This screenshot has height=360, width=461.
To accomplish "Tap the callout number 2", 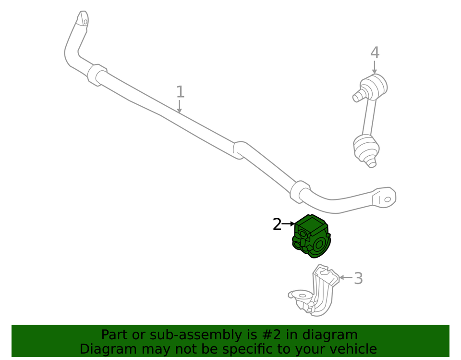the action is [x=277, y=224].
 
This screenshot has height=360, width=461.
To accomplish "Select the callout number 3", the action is [x=358, y=278].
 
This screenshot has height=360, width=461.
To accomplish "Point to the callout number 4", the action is [x=375, y=53].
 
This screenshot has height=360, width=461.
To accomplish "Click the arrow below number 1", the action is [x=179, y=106].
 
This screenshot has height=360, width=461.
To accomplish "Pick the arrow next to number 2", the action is [x=289, y=224].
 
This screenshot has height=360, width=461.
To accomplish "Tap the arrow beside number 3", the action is [x=346, y=277].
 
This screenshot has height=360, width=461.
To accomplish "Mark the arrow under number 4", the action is [x=374, y=67].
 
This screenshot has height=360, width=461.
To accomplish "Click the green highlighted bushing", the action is [x=311, y=236].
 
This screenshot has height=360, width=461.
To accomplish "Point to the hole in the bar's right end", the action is [x=388, y=199].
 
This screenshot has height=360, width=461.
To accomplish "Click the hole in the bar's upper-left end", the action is [x=85, y=22].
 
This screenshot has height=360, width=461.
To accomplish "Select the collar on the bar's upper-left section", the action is [x=97, y=75].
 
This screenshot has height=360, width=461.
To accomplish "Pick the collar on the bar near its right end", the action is [x=300, y=192].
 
